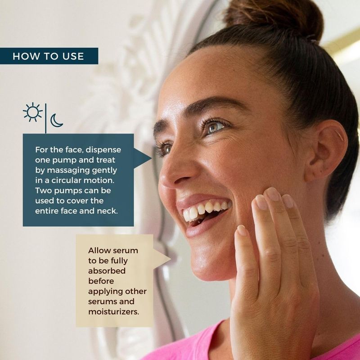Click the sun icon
(32, 112)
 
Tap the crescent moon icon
(56, 120)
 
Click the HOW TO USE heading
(48, 56)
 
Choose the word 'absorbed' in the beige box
(107, 271)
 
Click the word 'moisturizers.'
(114, 312)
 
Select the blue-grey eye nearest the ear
(215, 127)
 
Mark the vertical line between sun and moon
(46, 118)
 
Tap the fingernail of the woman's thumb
(242, 230)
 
